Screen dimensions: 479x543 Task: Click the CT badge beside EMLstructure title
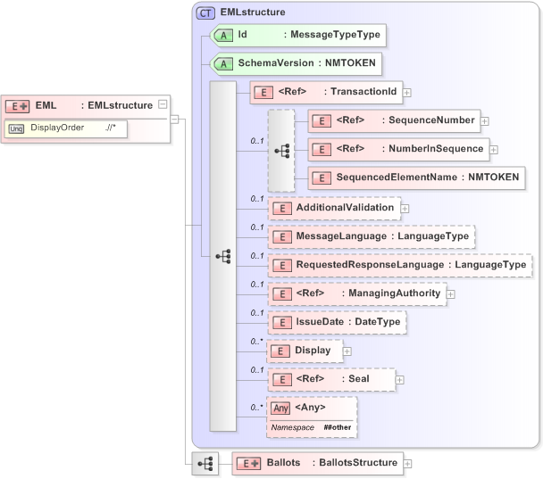(x=206, y=12)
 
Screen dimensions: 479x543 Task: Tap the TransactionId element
(x=326, y=91)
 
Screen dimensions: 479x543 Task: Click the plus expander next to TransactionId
(x=407, y=91)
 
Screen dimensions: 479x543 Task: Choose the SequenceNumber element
(x=394, y=120)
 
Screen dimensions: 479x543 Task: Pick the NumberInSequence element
(x=397, y=149)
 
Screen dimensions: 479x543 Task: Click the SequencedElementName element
(x=415, y=178)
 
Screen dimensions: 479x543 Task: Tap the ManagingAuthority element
(x=356, y=293)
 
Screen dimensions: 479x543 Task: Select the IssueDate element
(x=338, y=321)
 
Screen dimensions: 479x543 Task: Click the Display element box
(x=304, y=351)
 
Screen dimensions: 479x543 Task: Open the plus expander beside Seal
(x=399, y=379)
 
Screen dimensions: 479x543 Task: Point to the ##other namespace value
(x=337, y=428)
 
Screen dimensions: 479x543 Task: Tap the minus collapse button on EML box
(x=162, y=104)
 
